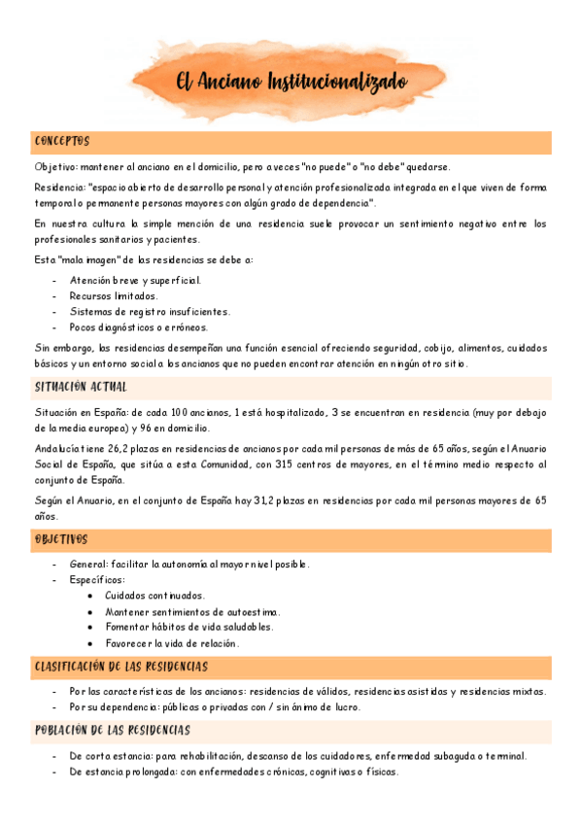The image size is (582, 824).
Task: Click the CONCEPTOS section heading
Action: coord(62,142)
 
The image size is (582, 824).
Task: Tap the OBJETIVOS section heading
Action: coord(61,538)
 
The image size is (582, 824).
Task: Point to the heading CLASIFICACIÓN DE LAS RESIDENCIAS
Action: coord(120,667)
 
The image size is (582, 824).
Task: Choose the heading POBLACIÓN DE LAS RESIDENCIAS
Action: coord(113,730)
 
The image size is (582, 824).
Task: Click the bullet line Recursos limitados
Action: coord(114,295)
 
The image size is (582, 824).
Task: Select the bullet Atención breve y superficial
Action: coord(135,280)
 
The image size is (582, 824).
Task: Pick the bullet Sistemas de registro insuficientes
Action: coord(150,311)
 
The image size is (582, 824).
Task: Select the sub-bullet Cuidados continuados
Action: coord(154,596)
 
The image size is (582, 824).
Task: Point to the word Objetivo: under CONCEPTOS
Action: coord(57,166)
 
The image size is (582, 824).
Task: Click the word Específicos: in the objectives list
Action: coord(97,580)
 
